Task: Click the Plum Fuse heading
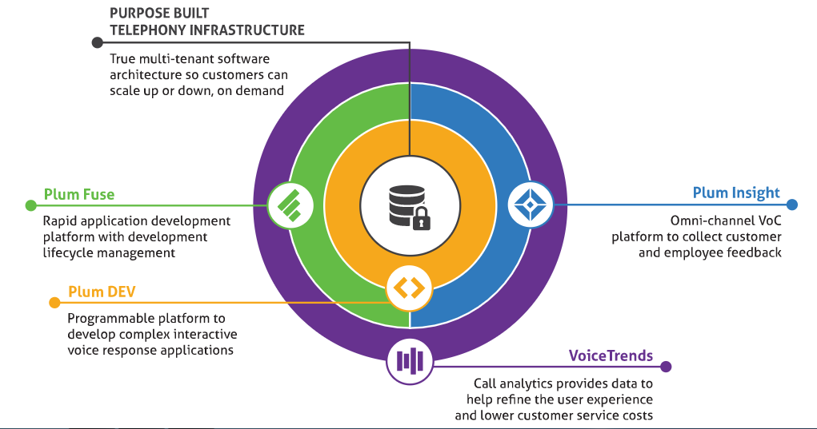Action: click(x=79, y=194)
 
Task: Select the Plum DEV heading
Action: click(x=96, y=292)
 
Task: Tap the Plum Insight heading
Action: click(x=736, y=193)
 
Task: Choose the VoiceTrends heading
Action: click(x=611, y=356)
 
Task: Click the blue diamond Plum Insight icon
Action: click(x=531, y=205)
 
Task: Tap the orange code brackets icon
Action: click(x=410, y=287)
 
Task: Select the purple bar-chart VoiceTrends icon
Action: click(x=410, y=361)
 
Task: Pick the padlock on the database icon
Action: click(x=421, y=218)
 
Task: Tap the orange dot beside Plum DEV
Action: click(x=54, y=302)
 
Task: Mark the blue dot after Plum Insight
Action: click(x=792, y=205)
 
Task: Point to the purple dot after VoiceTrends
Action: click(x=667, y=367)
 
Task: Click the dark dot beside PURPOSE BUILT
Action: click(x=98, y=42)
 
